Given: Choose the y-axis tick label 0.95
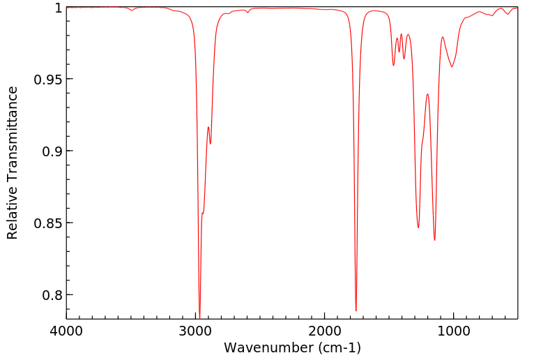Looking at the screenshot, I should [47, 79].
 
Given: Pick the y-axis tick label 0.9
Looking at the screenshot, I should [52, 151].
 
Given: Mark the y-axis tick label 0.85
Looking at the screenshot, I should [47, 223].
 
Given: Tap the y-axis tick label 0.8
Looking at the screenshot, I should [52, 295].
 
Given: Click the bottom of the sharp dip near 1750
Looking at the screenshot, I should [356, 310].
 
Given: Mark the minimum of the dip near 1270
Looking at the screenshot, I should [418, 227].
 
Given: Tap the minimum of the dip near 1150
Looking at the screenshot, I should [434, 240].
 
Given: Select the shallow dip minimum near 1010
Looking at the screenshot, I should [452, 67].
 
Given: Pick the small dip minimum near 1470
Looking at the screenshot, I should [393, 66].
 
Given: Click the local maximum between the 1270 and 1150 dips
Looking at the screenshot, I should [427, 94].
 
